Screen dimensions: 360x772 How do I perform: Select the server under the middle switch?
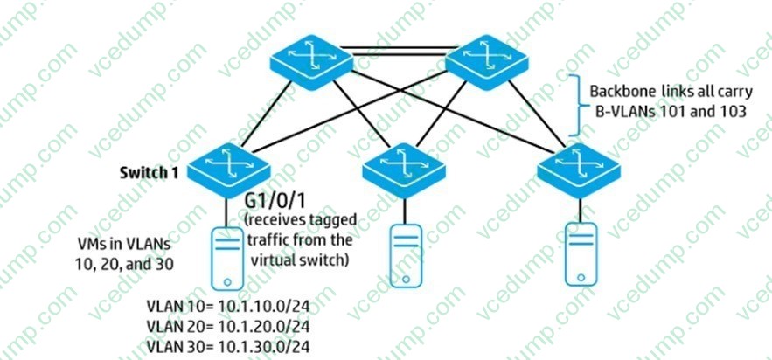[404, 253]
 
